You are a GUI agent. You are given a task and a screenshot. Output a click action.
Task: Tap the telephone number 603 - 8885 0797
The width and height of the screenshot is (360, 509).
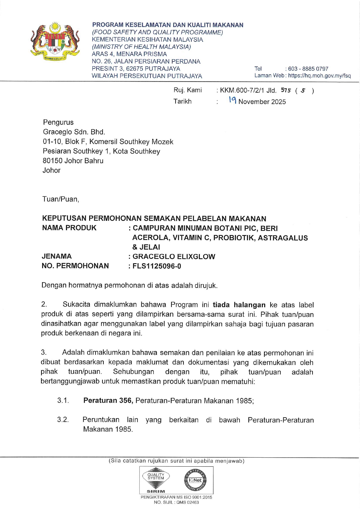(x=308, y=69)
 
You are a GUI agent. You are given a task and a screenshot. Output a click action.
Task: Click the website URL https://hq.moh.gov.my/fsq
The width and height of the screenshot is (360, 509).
(x=319, y=76)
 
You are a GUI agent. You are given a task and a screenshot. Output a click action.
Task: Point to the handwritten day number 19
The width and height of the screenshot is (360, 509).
(x=232, y=100)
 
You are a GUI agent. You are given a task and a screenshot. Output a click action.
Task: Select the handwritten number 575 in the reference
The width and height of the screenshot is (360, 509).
(x=286, y=90)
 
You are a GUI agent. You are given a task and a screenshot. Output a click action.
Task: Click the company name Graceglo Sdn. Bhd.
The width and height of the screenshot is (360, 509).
(x=74, y=132)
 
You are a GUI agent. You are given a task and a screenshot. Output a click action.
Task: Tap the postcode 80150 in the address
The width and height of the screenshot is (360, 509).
(x=53, y=161)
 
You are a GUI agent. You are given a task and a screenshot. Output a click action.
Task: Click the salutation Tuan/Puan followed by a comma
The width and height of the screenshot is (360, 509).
(x=61, y=199)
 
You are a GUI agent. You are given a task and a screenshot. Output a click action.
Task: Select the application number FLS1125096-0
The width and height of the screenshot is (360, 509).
(x=157, y=266)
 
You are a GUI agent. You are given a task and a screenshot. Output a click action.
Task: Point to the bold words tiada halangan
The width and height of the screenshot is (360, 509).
(x=239, y=305)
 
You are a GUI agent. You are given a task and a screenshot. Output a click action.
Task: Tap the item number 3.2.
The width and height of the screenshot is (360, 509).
(x=63, y=420)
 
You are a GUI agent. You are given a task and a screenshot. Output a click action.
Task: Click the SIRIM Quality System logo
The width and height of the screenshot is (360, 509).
(x=156, y=480)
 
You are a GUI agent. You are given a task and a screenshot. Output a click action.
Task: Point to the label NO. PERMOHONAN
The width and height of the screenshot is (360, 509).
(x=75, y=266)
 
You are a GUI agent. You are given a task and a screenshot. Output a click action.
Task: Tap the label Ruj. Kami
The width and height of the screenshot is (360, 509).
(x=188, y=90)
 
